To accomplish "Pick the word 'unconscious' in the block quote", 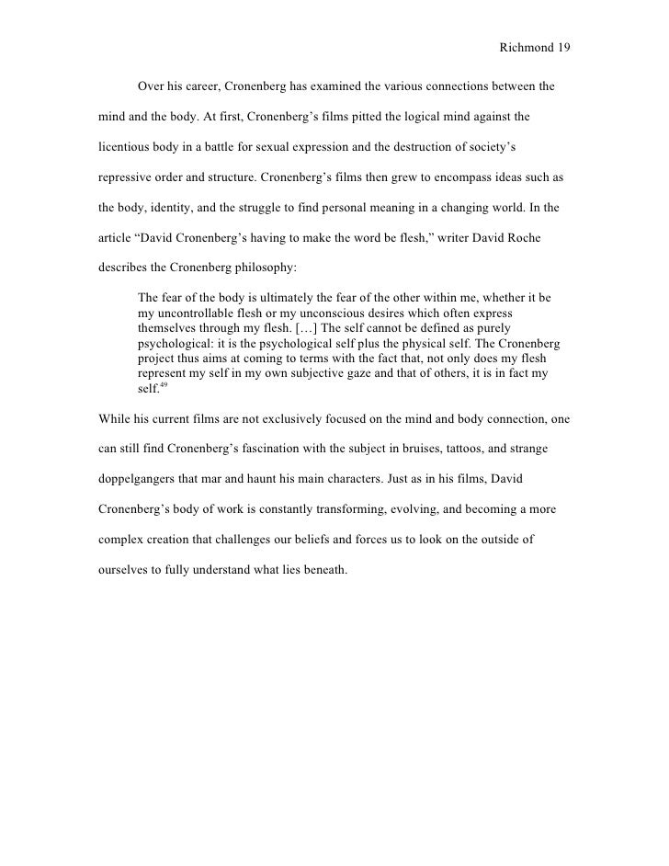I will click(318, 313).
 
